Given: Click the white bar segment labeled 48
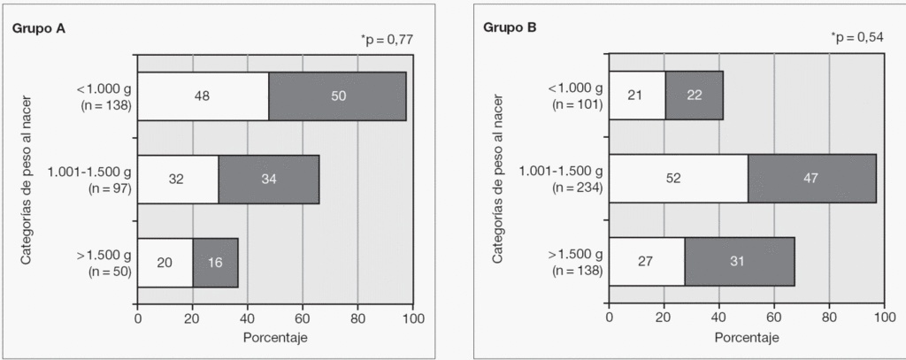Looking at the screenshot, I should tap(203, 96).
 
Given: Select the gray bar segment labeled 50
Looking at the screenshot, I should tap(337, 96).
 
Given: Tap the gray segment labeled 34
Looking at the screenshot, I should tap(269, 180).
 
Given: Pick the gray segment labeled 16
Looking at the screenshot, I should tap(216, 263).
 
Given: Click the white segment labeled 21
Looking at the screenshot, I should tap(637, 96).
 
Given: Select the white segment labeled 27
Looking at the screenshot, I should tap(647, 263).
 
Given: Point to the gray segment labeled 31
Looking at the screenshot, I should tap(740, 263).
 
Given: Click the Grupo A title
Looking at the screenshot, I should tap(39, 27).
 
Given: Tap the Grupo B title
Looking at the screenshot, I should tap(510, 27).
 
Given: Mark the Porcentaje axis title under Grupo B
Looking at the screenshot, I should tap(746, 338).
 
